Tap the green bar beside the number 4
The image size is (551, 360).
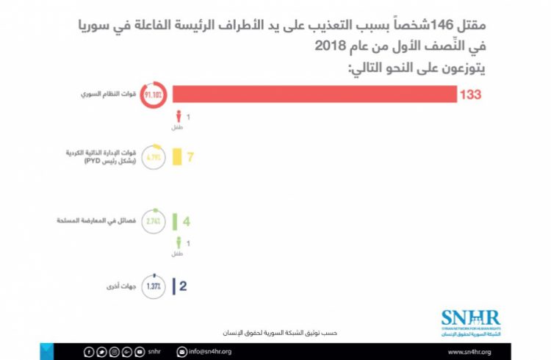point(176,220)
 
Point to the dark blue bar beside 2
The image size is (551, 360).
point(173,285)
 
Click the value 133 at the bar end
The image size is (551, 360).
point(472,96)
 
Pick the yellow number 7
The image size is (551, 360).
point(190,156)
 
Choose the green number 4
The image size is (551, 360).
point(187,220)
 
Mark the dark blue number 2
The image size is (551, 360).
point(184,285)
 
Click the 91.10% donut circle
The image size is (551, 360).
point(153,96)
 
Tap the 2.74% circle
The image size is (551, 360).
point(153,220)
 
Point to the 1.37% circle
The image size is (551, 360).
point(153,285)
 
